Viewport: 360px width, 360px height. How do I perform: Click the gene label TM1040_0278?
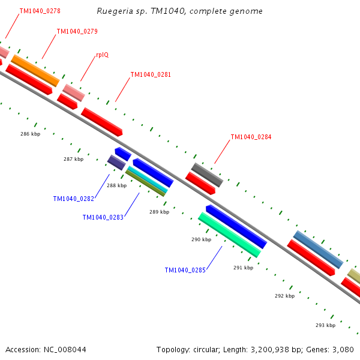tap(40, 11)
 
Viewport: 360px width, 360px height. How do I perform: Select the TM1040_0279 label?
tap(77, 31)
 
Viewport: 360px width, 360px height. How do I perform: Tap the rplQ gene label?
tap(103, 55)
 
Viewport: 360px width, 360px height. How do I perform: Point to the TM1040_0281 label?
tap(151, 74)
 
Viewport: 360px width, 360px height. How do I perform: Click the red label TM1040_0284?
tap(251, 137)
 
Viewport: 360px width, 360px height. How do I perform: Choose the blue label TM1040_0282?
tap(74, 199)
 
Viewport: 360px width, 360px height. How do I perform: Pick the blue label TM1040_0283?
tap(103, 217)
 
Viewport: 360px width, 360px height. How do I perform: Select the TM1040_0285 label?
tap(185, 270)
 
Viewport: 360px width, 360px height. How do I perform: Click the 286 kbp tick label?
tap(31, 134)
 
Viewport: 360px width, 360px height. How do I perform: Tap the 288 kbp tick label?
tap(116, 185)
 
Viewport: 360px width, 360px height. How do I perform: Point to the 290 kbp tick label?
tap(202, 239)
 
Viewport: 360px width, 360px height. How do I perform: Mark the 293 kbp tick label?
tap(326, 325)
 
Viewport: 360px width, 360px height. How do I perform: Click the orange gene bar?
tap(35, 70)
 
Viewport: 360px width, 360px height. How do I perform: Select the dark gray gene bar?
tap(207, 175)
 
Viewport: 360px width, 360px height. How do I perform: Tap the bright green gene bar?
tap(230, 235)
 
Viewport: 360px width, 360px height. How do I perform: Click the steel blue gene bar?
tap(318, 250)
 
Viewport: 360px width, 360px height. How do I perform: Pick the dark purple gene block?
tap(116, 163)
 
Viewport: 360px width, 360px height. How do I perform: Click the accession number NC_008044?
tap(65, 350)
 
